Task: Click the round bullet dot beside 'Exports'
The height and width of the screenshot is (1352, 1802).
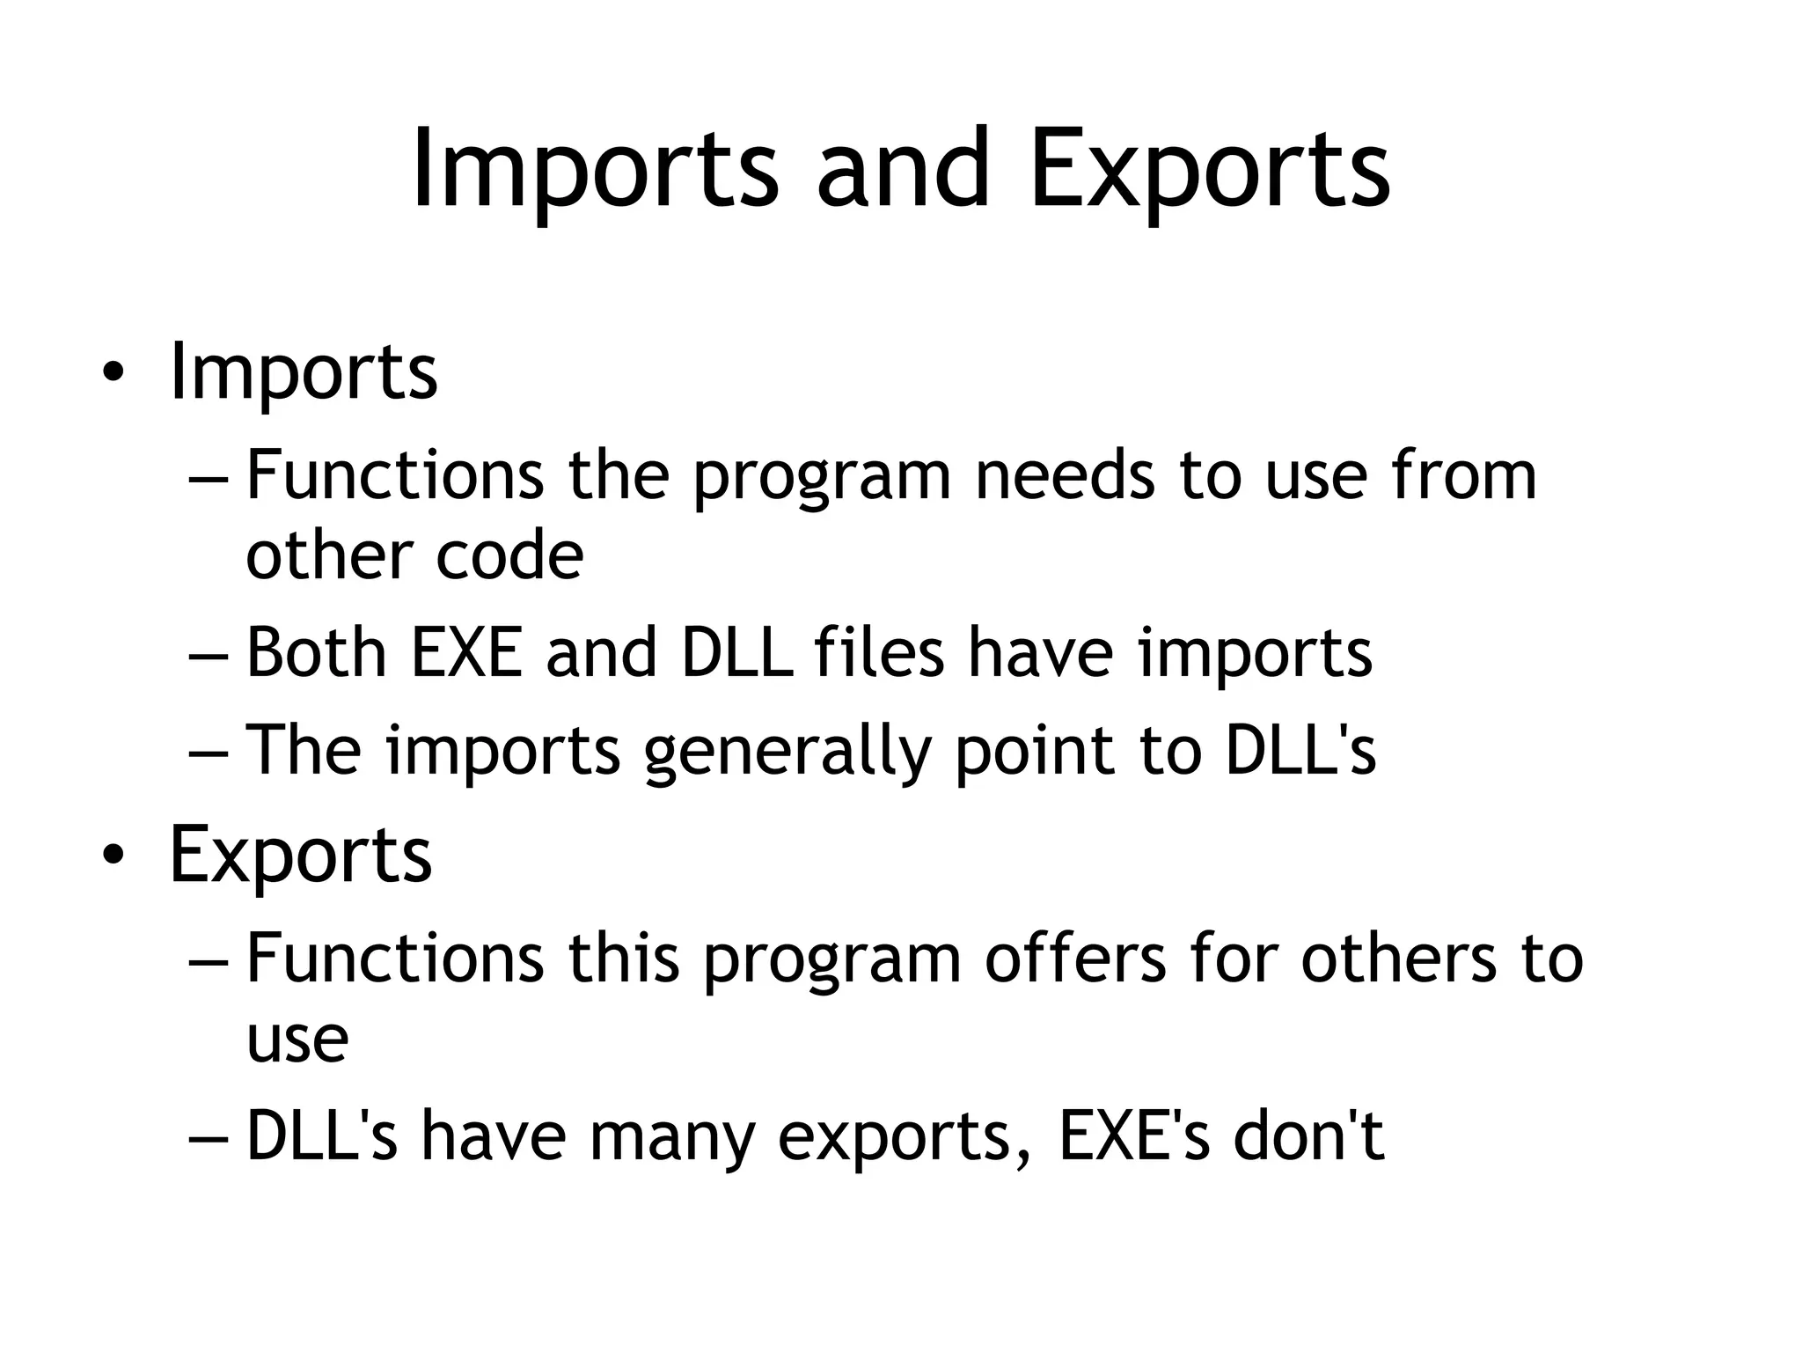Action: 111,856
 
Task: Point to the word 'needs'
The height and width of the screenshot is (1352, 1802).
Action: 1065,475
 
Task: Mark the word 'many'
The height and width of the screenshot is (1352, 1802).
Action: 672,1137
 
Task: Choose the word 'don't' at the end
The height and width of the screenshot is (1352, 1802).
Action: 1308,1135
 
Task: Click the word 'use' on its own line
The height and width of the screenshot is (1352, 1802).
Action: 297,1040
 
